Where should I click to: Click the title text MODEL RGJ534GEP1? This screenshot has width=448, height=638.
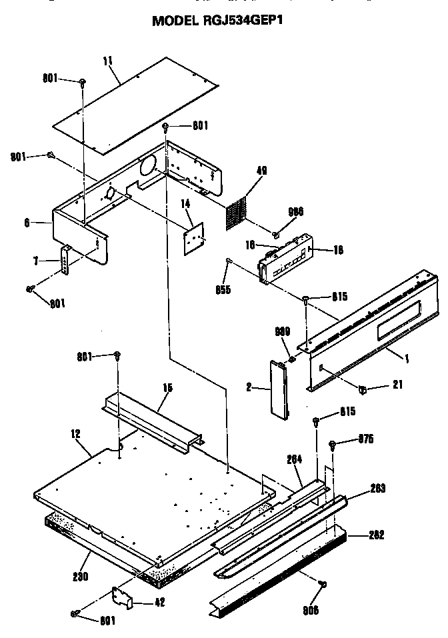point(222,20)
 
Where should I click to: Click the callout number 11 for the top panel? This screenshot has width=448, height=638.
point(107,62)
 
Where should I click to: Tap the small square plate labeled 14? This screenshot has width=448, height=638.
point(195,236)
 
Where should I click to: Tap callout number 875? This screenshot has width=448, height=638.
point(365,438)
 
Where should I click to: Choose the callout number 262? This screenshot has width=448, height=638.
point(377,534)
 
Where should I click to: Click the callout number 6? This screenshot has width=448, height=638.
point(27,223)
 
